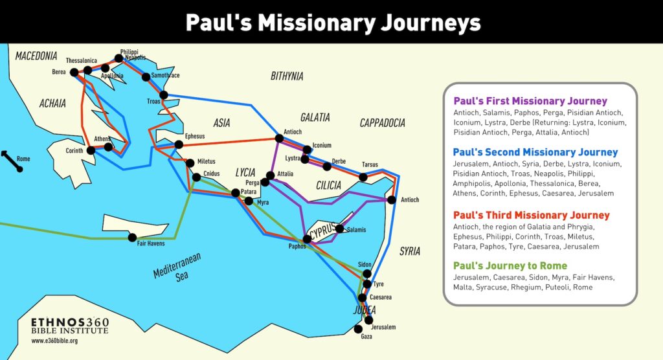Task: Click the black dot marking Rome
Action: pyautogui.click(x=19, y=169)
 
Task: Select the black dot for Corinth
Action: pyautogui.click(x=91, y=150)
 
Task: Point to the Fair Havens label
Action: pyautogui.click(x=151, y=243)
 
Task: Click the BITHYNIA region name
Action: pyautogui.click(x=287, y=76)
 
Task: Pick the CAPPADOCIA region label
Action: pyautogui.click(x=383, y=123)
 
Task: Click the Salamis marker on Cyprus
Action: pyautogui.click(x=339, y=229)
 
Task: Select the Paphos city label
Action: pyautogui.click(x=297, y=246)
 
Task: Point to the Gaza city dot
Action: pyautogui.click(x=359, y=329)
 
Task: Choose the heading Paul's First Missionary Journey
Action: pyautogui.click(x=530, y=101)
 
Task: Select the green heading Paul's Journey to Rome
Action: pyautogui.click(x=510, y=265)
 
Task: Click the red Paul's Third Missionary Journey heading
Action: pyautogui.click(x=531, y=215)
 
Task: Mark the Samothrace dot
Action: pyautogui.click(x=146, y=78)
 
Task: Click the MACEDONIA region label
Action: pyautogui.click(x=36, y=56)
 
